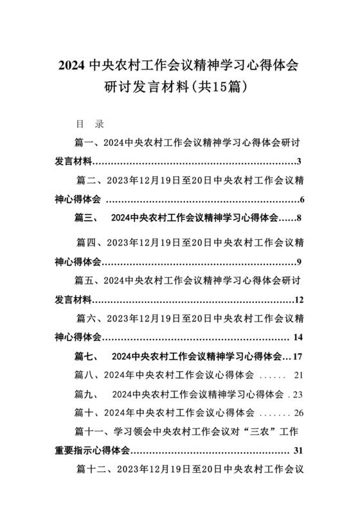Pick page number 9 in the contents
coord(300,261)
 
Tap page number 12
coord(299,300)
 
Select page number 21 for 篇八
coord(298,375)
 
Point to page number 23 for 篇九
coord(298,394)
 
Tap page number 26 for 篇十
coord(298,412)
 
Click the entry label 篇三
coord(84,219)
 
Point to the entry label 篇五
coord(85,280)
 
